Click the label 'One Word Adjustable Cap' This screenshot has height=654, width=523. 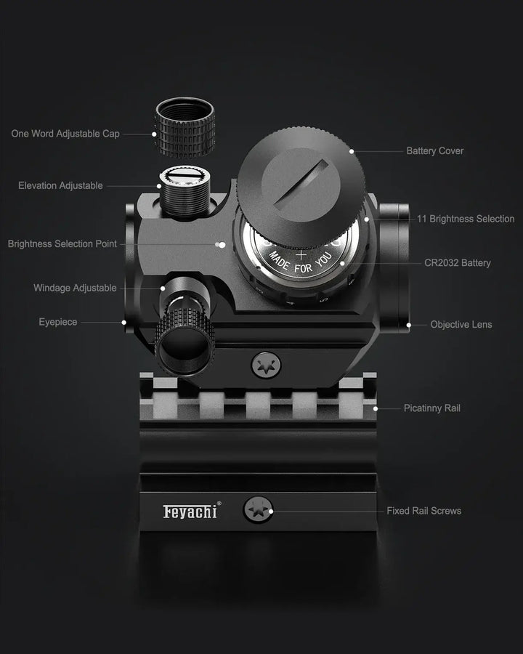pyautogui.click(x=65, y=134)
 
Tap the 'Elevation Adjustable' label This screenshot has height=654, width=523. pyautogui.click(x=60, y=186)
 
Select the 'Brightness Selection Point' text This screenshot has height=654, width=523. pyautogui.click(x=62, y=244)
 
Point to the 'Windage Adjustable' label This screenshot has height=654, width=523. pyautogui.click(x=75, y=288)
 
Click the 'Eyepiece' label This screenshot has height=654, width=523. pyautogui.click(x=58, y=322)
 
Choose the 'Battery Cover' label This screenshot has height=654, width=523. pyautogui.click(x=434, y=151)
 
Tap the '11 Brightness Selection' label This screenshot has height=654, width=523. pyautogui.click(x=466, y=219)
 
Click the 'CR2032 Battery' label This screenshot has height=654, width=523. pyautogui.click(x=458, y=263)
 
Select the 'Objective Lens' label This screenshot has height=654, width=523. pyautogui.click(x=461, y=325)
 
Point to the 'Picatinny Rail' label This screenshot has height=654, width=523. pyautogui.click(x=431, y=408)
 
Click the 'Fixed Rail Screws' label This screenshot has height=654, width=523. pyautogui.click(x=423, y=511)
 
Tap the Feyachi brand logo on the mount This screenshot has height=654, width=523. pyautogui.click(x=190, y=512)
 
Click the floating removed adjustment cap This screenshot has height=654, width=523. pyautogui.click(x=184, y=128)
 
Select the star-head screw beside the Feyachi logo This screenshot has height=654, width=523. pyautogui.click(x=258, y=510)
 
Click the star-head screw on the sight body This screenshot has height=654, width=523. pyautogui.click(x=267, y=365)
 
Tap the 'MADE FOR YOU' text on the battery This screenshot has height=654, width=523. pyautogui.click(x=299, y=265)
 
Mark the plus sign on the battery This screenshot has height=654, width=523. pyautogui.click(x=301, y=254)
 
